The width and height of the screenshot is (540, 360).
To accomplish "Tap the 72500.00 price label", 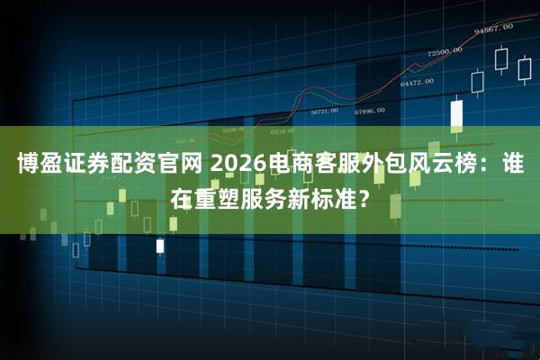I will pos(445,51).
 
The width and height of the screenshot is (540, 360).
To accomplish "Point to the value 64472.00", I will pos(416,82).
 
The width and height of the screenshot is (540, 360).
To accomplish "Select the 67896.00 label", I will pos(370,111).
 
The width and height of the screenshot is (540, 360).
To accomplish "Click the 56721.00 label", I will pos(324,112).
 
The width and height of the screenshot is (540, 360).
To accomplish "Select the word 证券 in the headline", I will pos(88,165).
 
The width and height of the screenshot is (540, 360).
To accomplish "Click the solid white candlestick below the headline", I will pos(160,245).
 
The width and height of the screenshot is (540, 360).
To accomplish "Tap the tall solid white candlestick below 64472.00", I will pos(456,114).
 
